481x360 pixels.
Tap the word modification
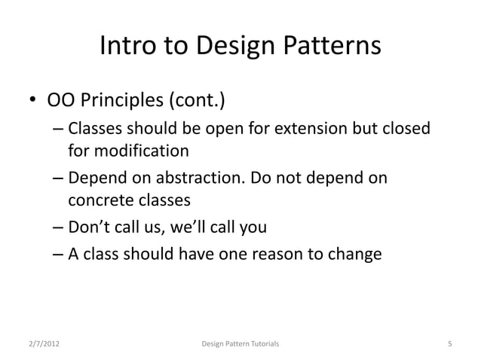coord(140,152)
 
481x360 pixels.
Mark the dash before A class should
coord(59,254)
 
